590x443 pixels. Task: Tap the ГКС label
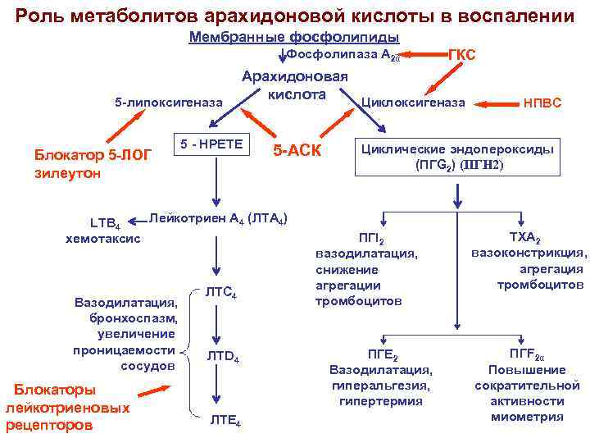pyautogui.click(x=461, y=54)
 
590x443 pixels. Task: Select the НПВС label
pyautogui.click(x=542, y=103)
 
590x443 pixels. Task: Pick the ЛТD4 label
pyautogui.click(x=222, y=357)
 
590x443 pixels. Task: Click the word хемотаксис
pyautogui.click(x=102, y=239)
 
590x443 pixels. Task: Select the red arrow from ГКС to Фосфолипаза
pyautogui.click(x=427, y=55)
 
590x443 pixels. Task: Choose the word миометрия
pyautogui.click(x=527, y=417)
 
